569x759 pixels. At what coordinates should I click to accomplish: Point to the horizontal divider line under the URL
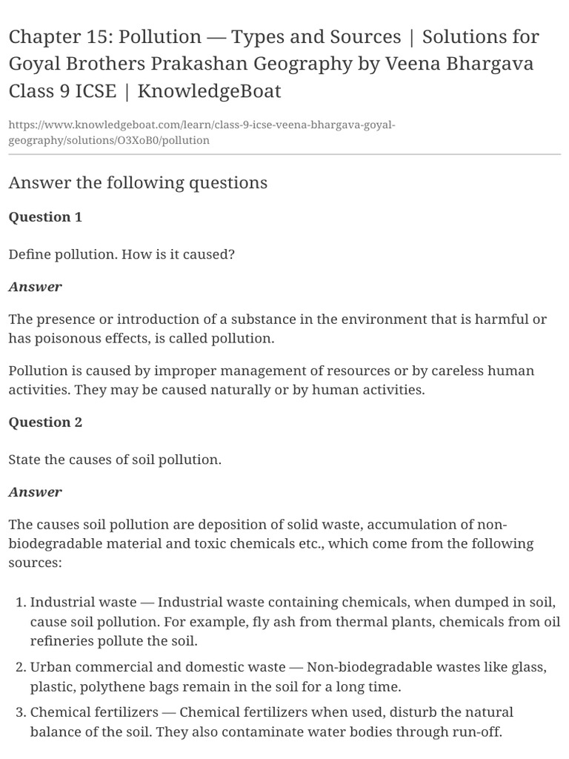pyautogui.click(x=284, y=155)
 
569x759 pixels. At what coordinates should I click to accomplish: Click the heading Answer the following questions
pyautogui.click(x=138, y=182)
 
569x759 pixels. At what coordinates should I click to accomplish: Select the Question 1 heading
pyautogui.click(x=45, y=217)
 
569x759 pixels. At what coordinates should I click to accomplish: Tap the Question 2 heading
pyautogui.click(x=45, y=422)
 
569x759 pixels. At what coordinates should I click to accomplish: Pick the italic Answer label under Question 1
pyautogui.click(x=35, y=287)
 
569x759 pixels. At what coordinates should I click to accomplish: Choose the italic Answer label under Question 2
pyautogui.click(x=35, y=492)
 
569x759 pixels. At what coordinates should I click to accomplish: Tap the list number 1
pyautogui.click(x=19, y=603)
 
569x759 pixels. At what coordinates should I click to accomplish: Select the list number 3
pyautogui.click(x=19, y=712)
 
